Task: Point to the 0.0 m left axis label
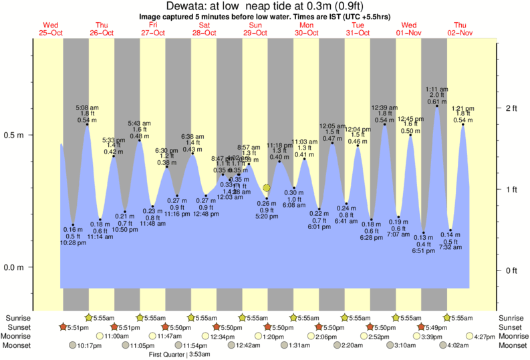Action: (15, 268)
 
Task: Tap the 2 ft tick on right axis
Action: (511, 108)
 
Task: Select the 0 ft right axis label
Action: (511, 271)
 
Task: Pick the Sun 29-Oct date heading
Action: (255, 29)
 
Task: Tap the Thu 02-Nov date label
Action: (461, 29)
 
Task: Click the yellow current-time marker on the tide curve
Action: (267, 188)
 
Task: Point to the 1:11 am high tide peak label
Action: (437, 89)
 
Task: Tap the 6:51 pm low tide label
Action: (424, 250)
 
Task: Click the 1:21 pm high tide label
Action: (463, 108)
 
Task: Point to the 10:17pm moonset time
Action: (89, 346)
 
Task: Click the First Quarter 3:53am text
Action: (180, 355)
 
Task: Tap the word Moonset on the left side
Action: (19, 346)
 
